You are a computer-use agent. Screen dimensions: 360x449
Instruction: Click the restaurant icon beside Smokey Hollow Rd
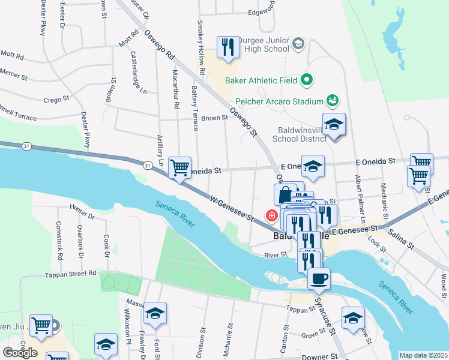click(228, 46)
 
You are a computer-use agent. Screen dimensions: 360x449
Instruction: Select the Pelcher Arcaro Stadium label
click(279, 101)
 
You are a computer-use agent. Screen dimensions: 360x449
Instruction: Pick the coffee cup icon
click(318, 278)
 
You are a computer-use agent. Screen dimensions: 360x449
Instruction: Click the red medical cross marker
click(272, 215)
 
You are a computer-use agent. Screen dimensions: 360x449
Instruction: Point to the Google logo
click(20, 353)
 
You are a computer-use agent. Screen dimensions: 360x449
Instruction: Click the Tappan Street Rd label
click(71, 274)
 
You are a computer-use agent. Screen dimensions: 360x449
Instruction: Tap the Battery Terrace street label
click(194, 108)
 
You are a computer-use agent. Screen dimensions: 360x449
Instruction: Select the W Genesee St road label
click(231, 206)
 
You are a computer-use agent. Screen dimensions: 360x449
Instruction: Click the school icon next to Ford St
click(155, 313)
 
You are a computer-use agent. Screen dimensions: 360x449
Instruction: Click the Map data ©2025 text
click(423, 355)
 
